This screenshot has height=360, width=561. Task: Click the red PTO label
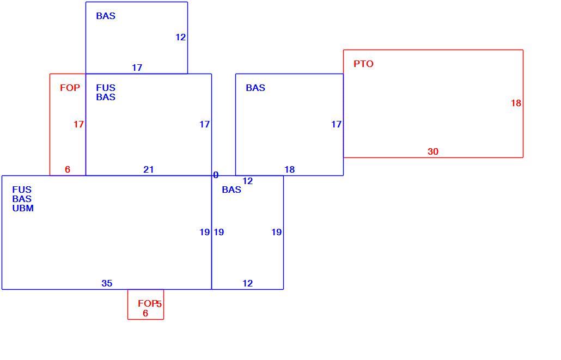[x=363, y=64]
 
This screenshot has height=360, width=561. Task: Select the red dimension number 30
[x=433, y=152]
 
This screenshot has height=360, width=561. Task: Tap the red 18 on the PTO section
[x=516, y=103]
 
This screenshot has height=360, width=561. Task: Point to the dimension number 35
[x=107, y=283]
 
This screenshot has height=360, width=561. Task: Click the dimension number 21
[x=149, y=169]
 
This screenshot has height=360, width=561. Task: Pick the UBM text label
[x=23, y=208]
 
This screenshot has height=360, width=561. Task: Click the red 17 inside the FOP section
[x=79, y=125]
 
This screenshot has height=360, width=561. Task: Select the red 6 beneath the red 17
[x=68, y=169]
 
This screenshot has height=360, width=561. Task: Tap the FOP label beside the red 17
[x=70, y=88]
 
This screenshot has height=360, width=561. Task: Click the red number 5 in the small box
[x=159, y=304]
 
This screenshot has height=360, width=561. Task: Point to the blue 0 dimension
[x=216, y=175]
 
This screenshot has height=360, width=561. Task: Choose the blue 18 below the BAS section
[x=289, y=169]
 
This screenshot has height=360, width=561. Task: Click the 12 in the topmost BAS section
[x=181, y=37]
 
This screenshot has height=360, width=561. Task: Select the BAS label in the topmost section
[x=106, y=16]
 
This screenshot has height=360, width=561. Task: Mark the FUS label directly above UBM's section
[x=22, y=190]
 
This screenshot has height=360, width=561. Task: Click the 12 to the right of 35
[x=248, y=283]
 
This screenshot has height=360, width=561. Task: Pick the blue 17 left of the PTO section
[x=336, y=125]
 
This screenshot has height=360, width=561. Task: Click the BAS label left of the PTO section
[x=255, y=88]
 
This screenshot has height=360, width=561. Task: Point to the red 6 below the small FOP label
[x=145, y=314]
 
